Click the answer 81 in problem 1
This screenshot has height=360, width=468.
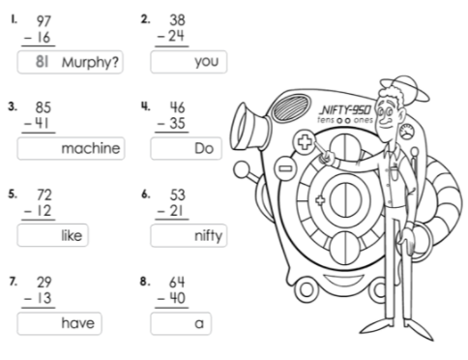tap(43, 61)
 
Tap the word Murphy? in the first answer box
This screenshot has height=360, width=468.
tap(90, 62)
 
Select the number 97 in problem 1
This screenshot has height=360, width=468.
tap(44, 21)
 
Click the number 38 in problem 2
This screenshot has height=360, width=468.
tap(177, 20)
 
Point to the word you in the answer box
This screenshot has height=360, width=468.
tap(207, 62)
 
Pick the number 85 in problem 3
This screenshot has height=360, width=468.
tap(44, 107)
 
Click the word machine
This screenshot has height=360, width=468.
tap(91, 148)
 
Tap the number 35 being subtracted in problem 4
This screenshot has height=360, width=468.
tap(178, 123)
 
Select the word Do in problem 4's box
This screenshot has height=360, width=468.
tap(204, 148)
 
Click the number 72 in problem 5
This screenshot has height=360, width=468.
tap(44, 195)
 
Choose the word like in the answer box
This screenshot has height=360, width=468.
tap(72, 235)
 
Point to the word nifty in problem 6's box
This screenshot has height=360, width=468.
tap(209, 236)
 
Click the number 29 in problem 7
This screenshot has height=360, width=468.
tap(44, 283)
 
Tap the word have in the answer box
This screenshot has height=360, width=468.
tap(78, 323)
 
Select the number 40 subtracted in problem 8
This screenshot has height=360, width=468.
tap(178, 298)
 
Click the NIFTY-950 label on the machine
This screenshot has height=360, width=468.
tap(345, 110)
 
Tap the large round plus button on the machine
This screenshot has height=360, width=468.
tap(304, 141)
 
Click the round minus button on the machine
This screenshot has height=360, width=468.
tap(285, 168)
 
